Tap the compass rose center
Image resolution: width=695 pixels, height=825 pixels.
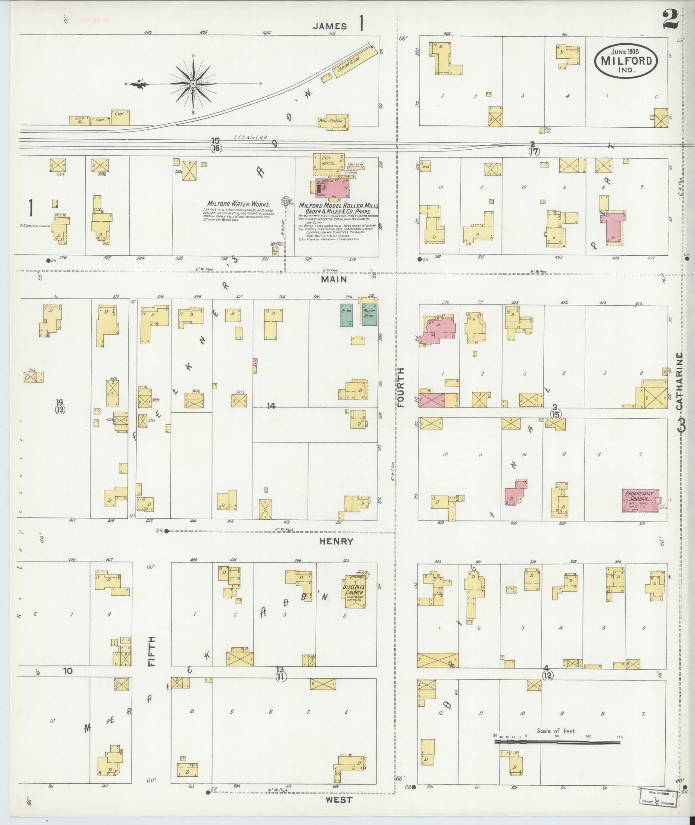193,83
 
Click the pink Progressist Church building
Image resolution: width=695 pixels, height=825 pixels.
639,500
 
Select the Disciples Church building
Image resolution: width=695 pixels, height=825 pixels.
353,593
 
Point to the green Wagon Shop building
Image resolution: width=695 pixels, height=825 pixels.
369,314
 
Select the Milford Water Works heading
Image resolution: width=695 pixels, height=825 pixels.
238,204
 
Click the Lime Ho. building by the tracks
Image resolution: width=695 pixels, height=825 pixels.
79,120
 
